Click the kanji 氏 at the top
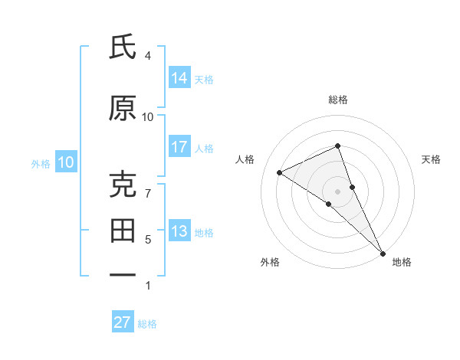[123, 47]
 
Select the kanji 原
[123, 108]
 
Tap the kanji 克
[123, 185]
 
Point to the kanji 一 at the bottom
[123, 274]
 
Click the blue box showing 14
[179, 78]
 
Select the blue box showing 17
[179, 147]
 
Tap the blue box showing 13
[179, 231]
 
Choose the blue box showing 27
[123, 322]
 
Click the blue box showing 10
[66, 162]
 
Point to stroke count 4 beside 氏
[147, 56]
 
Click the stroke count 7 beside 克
[147, 193]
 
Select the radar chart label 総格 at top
[337, 100]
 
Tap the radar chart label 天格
[431, 159]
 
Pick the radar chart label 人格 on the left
[245, 159]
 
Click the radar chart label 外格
[270, 263]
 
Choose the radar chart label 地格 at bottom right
[402, 263]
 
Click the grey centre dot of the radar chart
[337, 191]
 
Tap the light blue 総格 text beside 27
[148, 324]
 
